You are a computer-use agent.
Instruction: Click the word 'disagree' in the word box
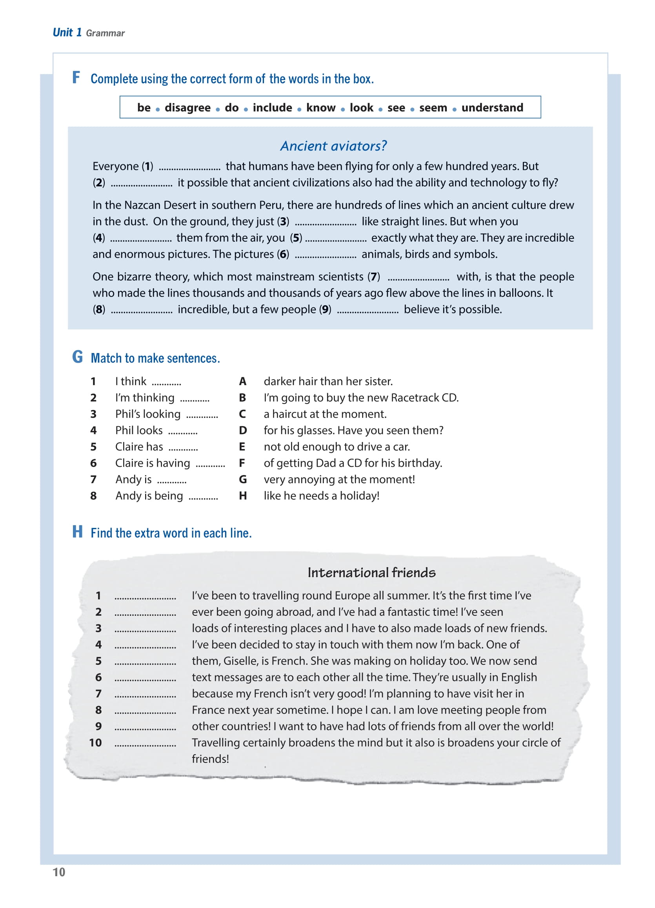tap(187, 107)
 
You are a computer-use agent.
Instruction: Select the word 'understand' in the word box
tap(492, 107)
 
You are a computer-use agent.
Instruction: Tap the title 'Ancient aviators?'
tap(333, 146)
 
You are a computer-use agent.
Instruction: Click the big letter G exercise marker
tap(77, 357)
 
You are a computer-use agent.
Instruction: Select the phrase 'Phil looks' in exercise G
tap(138, 430)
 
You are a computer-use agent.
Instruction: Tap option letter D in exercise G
tap(243, 430)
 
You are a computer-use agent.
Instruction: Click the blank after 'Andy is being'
tap(204, 497)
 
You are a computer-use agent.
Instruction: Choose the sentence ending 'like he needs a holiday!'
tap(321, 496)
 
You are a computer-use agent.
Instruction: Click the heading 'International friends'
tap(371, 573)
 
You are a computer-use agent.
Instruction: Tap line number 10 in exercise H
tap(95, 742)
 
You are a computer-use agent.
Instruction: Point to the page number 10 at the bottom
tap(59, 872)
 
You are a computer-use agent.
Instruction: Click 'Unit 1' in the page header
tap(67, 33)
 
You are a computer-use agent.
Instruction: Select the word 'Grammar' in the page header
tap(105, 33)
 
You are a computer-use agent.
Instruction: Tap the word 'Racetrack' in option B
tap(415, 398)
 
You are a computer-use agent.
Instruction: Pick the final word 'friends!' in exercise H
tap(210, 759)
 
